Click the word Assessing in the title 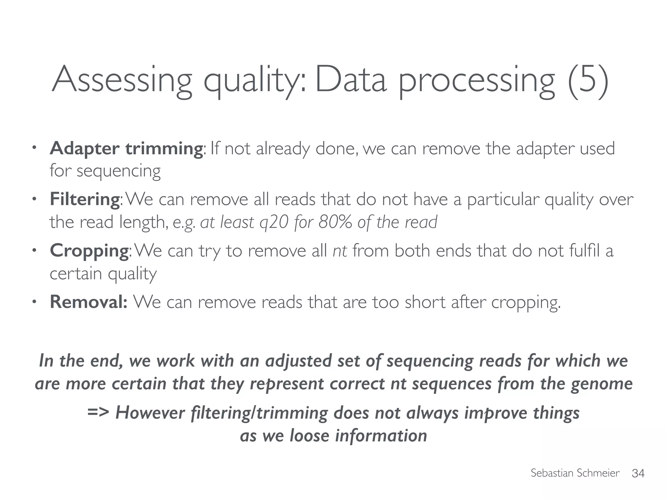(122, 80)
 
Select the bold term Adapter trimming (126, 148)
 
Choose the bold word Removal (88, 301)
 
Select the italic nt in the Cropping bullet (340, 251)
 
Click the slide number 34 (638, 473)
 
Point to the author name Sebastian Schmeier (575, 473)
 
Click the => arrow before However (98, 412)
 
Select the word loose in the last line (309, 436)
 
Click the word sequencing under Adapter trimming (119, 171)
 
